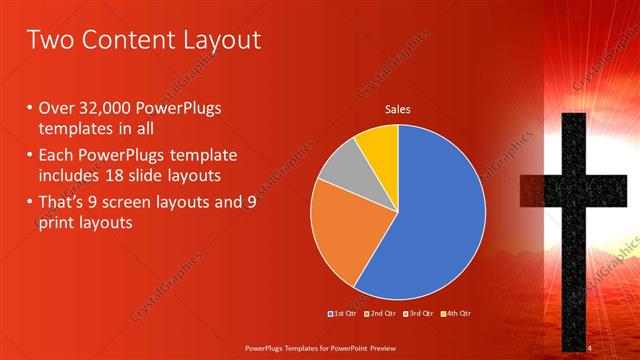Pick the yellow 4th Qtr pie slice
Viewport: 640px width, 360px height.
(378, 146)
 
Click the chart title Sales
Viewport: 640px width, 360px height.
(398, 110)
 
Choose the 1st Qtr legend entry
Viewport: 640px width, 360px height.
(344, 313)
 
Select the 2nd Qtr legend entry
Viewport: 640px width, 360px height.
(380, 313)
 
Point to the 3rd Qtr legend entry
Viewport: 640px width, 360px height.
(417, 313)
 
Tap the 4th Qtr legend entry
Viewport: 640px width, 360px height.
(455, 313)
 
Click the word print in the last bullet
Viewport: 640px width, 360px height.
(57, 223)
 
